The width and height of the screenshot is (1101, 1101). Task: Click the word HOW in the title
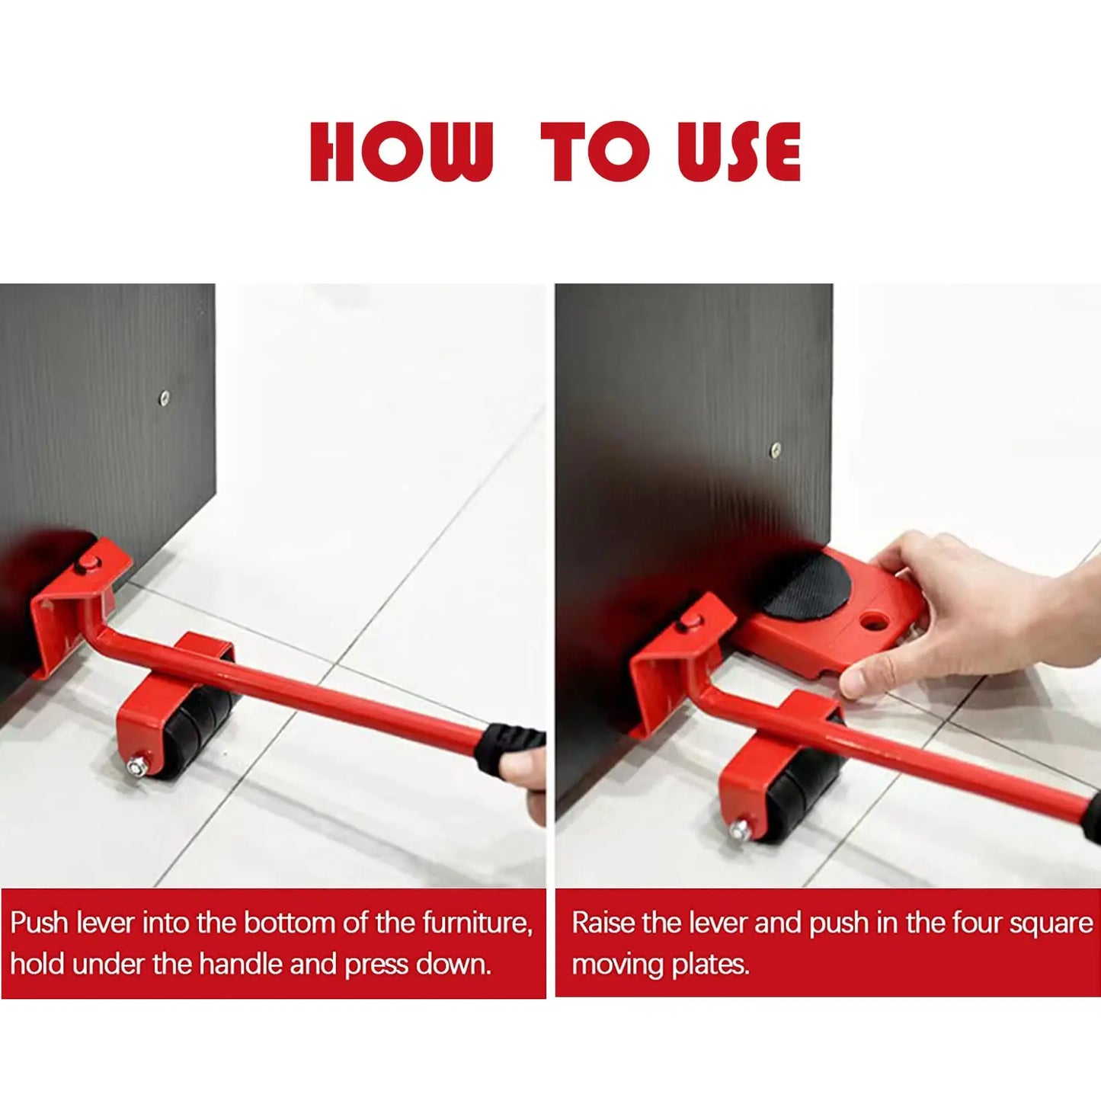(401, 152)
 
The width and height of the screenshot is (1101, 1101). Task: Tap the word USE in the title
(738, 152)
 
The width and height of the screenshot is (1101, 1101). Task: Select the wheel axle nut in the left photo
(137, 766)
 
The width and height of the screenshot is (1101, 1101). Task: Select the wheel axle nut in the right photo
(738, 829)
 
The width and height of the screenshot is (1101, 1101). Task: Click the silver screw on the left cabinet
(164, 397)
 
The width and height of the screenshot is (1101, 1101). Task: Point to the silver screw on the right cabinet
(776, 450)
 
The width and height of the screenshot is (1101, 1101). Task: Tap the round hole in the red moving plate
(873, 623)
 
